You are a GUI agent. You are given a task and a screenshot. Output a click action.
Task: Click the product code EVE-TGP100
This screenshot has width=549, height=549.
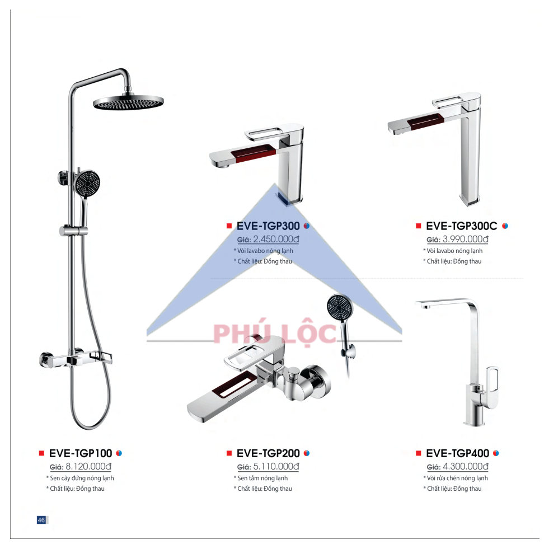click(81, 453)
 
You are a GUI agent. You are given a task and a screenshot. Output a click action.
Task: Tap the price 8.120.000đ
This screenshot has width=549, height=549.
click(88, 466)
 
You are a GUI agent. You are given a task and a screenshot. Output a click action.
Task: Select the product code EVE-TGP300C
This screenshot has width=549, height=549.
click(462, 226)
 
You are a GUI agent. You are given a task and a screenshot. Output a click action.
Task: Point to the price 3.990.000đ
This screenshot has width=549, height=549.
click(465, 239)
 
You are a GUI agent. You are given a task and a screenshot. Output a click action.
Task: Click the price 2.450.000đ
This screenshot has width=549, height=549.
click(276, 239)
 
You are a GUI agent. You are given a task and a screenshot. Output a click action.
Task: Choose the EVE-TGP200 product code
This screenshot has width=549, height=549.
click(268, 453)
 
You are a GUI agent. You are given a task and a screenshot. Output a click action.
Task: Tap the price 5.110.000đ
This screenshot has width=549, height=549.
click(276, 466)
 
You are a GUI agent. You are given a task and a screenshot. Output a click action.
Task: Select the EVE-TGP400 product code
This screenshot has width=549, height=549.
click(457, 453)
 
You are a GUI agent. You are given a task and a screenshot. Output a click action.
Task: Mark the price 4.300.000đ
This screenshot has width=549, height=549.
click(465, 466)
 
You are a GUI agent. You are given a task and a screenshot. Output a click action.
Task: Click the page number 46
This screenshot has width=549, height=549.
click(41, 519)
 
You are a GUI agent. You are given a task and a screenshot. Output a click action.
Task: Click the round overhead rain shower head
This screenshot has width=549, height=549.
click(128, 102)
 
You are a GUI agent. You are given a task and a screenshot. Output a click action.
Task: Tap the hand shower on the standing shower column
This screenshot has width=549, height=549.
click(87, 191)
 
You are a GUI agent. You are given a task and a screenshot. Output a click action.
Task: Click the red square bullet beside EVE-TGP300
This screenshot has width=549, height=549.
click(229, 226)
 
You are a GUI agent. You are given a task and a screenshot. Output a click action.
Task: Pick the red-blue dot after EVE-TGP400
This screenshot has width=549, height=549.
click(496, 453)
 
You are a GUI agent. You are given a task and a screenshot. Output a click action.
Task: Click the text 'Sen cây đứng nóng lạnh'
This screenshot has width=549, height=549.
click(82, 478)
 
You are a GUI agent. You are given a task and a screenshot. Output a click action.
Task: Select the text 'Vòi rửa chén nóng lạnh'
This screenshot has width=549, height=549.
click(457, 478)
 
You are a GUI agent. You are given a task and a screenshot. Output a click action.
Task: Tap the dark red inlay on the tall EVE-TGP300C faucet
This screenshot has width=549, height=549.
click(425, 120)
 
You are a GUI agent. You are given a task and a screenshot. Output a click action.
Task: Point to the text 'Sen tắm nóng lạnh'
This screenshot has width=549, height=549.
click(262, 478)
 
